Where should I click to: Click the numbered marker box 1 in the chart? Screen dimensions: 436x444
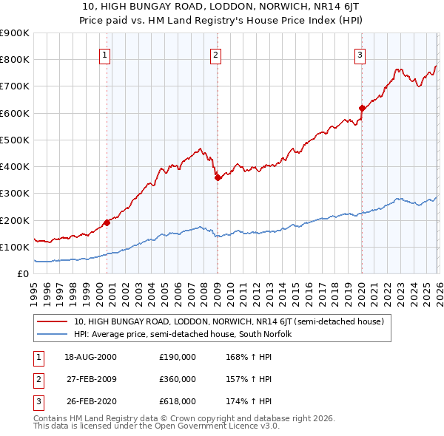[105, 54]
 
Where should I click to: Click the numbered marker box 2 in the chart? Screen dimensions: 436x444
[215, 54]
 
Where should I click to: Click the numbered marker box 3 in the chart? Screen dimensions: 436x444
[360, 54]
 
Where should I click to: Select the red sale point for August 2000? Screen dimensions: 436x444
[107, 222]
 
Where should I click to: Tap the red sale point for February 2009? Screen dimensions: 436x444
[218, 177]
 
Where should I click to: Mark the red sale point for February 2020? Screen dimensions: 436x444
[362, 108]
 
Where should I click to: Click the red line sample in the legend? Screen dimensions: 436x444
[53, 322]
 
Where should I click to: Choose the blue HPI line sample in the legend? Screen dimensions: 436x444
[53, 335]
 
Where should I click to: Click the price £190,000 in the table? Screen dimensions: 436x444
[177, 357]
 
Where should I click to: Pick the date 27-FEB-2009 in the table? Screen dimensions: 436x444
[91, 378]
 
